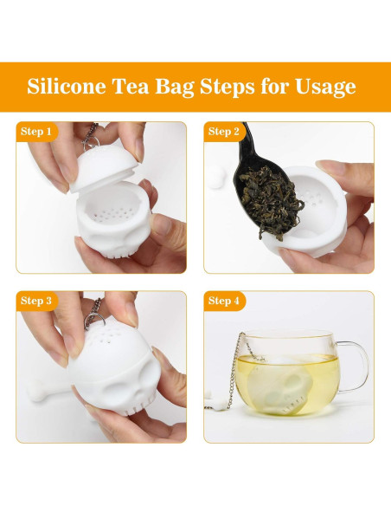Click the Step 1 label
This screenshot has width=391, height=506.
click(x=35, y=132)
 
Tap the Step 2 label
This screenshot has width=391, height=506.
click(x=224, y=132)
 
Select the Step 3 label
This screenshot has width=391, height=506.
click(x=35, y=301)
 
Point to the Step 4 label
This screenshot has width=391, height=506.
click(x=224, y=301)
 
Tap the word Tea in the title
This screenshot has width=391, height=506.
click(x=137, y=88)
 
